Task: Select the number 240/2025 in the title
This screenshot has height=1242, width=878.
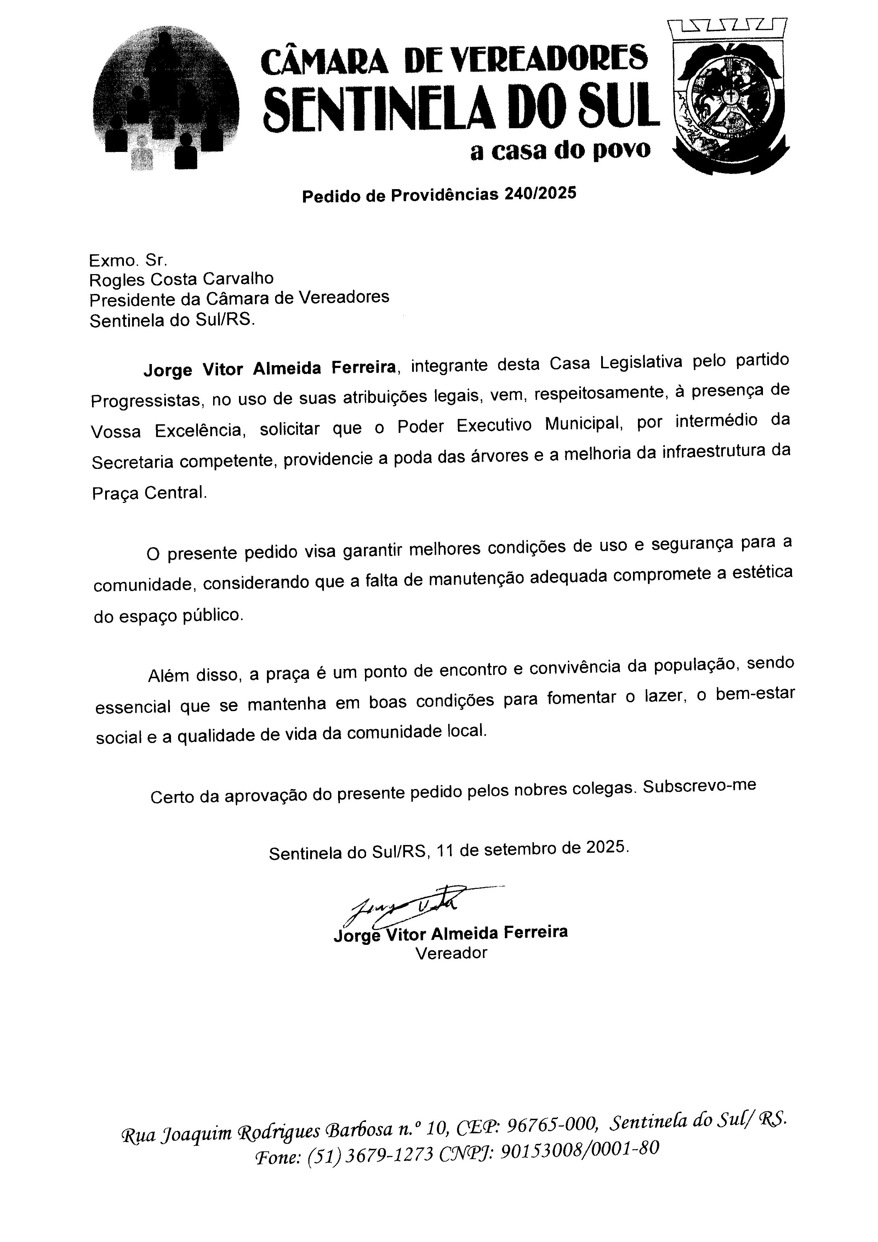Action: (x=540, y=194)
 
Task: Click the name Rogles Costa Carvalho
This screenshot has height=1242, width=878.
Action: (x=182, y=279)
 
